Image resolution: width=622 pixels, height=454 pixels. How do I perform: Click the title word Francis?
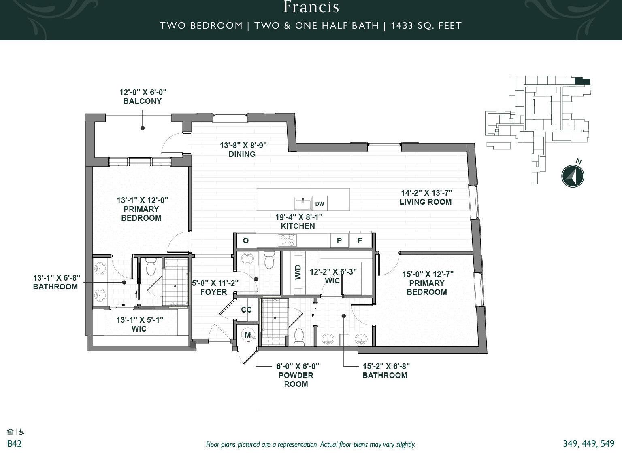pos(311,7)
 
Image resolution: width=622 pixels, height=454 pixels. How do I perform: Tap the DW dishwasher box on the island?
pos(320,203)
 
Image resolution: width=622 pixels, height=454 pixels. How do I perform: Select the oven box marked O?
pos(245,240)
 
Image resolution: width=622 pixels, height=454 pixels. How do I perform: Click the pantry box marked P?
pos(339,240)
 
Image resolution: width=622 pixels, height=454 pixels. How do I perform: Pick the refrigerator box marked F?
pos(360,240)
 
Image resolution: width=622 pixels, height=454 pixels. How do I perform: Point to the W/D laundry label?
pos(298,272)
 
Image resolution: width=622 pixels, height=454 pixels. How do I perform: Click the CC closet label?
pos(246,310)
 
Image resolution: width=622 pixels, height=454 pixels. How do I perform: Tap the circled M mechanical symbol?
pos(248,335)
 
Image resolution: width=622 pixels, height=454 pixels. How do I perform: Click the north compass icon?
pos(573,176)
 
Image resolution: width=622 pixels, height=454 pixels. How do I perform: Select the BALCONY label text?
pos(143,101)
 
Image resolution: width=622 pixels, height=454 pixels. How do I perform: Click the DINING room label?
pos(242,154)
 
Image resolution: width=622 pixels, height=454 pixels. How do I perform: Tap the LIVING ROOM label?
pos(426,202)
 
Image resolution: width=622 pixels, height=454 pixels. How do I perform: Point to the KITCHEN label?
pos(298,226)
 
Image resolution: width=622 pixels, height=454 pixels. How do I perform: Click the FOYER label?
pos(213,292)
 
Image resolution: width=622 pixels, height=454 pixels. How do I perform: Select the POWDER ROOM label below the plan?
pos(296,380)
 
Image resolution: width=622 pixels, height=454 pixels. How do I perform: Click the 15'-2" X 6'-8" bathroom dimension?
pos(386,366)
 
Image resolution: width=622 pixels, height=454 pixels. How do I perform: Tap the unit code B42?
pos(15,444)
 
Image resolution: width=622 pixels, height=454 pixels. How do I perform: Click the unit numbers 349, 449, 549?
pos(589,444)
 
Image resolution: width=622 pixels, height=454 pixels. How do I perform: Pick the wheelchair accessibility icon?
pos(21,431)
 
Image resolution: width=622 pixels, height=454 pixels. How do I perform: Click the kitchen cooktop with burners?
pos(287,240)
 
